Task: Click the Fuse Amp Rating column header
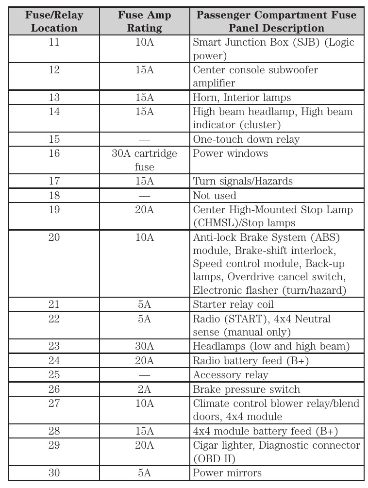point(144,21)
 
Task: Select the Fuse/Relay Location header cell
point(54,21)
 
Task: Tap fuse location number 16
point(54,153)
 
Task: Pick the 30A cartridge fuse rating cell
point(144,160)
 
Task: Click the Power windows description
point(230,153)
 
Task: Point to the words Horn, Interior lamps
point(242,98)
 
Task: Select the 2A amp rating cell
point(144,389)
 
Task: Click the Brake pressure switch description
point(246,389)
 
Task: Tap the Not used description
point(215,196)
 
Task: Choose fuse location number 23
point(54,347)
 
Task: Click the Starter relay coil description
point(233,304)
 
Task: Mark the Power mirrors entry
point(227,472)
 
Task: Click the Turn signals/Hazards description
point(243,181)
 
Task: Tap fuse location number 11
point(54,42)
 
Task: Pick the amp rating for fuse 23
point(144,347)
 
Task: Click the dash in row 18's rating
point(144,196)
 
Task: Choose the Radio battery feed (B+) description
point(251,361)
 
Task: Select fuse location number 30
point(54,472)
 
